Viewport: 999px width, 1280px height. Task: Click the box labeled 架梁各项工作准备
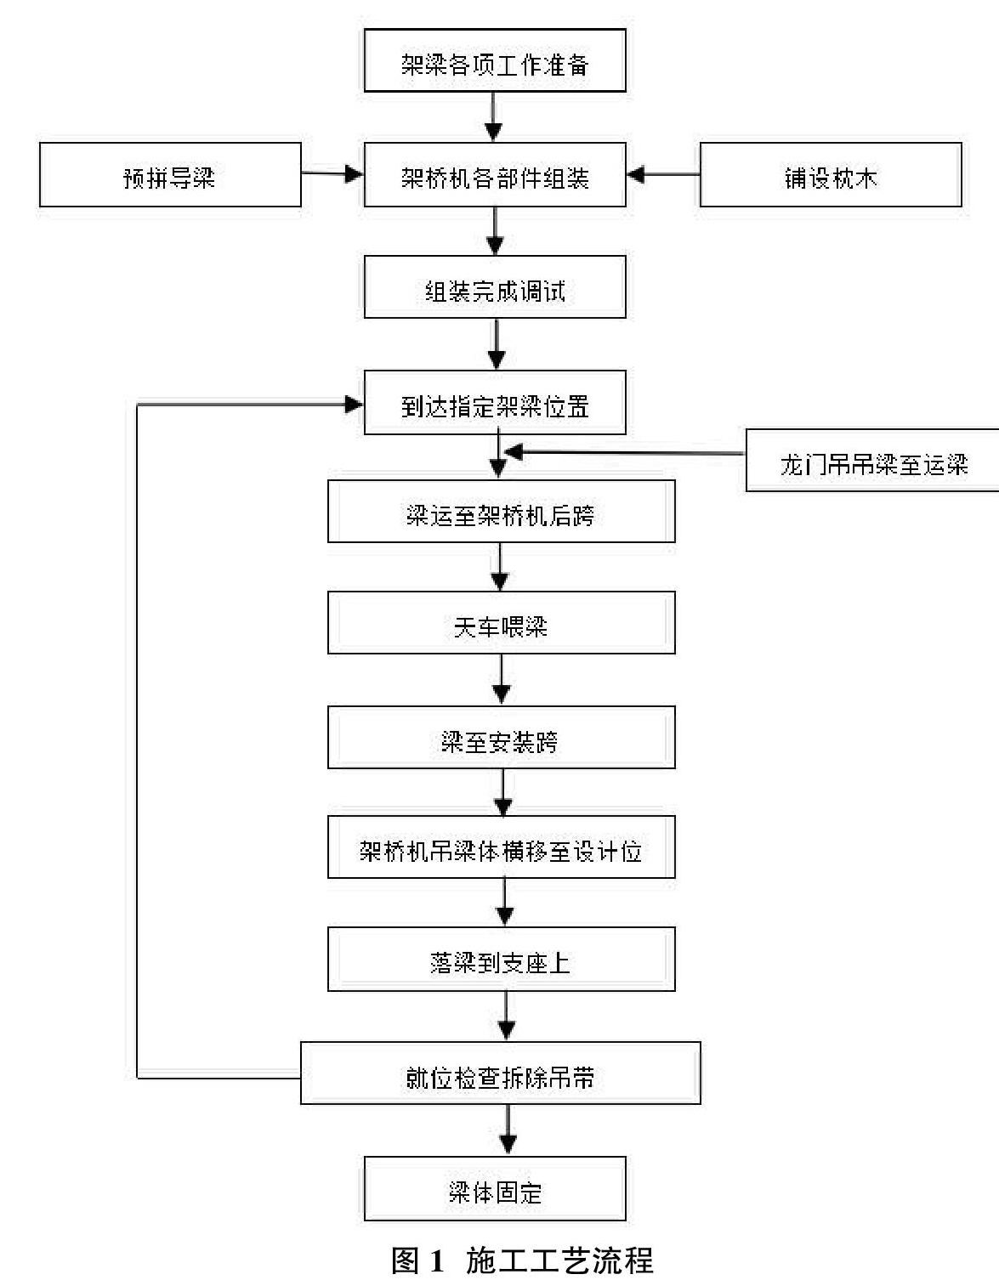[x=495, y=60]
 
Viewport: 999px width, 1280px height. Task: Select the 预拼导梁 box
[x=170, y=174]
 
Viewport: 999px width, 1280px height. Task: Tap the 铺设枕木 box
[x=831, y=174]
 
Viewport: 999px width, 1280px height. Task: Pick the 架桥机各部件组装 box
[x=495, y=174]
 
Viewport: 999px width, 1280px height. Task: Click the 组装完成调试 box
[x=495, y=287]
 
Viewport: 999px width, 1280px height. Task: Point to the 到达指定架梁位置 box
[x=495, y=402]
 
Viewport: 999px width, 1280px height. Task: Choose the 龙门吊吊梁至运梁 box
[x=873, y=460]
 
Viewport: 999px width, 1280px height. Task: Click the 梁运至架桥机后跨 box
[x=502, y=512]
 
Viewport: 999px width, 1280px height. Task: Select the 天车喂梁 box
[x=502, y=623]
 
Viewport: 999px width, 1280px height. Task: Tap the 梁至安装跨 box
[x=502, y=738]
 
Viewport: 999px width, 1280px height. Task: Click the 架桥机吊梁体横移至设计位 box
[x=502, y=847]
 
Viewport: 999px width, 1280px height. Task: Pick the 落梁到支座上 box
[x=502, y=959]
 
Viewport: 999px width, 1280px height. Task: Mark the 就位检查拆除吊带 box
[x=501, y=1073]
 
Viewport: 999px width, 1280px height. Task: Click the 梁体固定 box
[x=495, y=1189]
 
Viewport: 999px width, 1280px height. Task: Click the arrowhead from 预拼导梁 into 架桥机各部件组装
[x=354, y=173]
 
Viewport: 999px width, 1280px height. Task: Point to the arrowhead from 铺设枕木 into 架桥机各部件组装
[x=636, y=174]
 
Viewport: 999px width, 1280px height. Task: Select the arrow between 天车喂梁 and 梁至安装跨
[x=502, y=679]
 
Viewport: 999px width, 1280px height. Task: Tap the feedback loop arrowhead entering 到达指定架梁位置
[x=354, y=404]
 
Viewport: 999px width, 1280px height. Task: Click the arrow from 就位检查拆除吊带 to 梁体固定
[x=508, y=1130]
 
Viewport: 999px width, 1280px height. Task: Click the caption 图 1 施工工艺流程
[x=522, y=1259]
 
